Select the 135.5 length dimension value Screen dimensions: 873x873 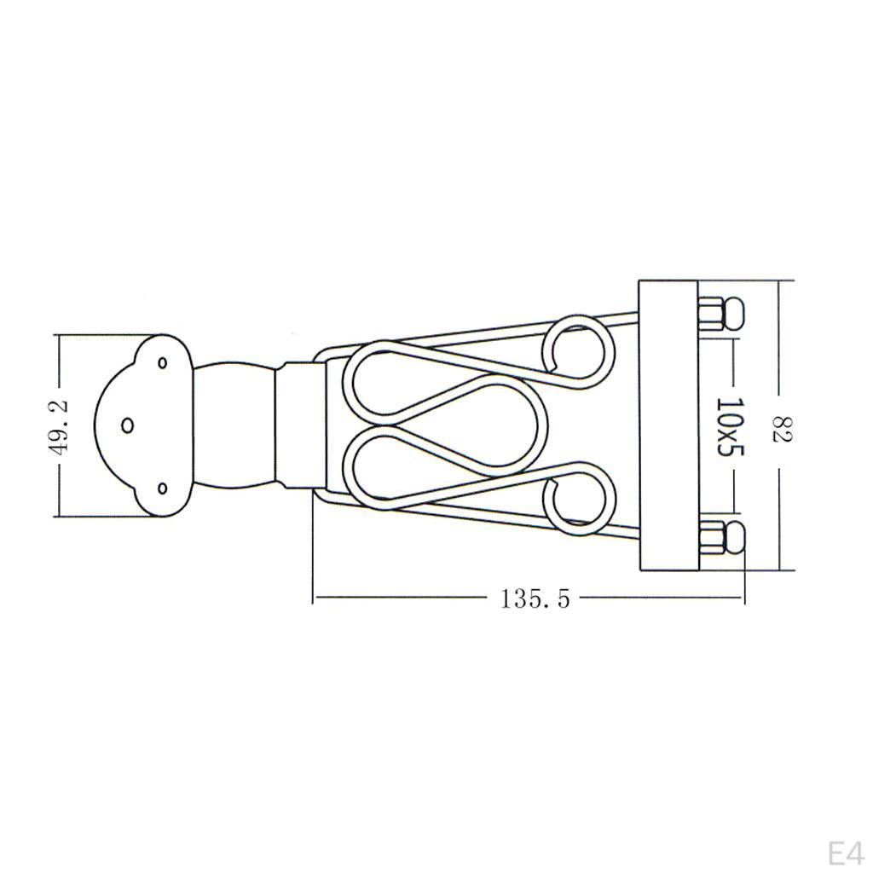[x=535, y=599]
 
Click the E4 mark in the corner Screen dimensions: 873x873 [x=846, y=853]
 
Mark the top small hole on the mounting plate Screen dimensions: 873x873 [x=163, y=362]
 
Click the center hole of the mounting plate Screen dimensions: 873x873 [x=128, y=425]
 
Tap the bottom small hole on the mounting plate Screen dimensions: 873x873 [x=163, y=488]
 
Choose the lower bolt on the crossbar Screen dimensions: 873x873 [x=721, y=537]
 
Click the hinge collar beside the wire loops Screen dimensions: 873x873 [x=304, y=425]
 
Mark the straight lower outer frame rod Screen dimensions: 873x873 [x=477, y=517]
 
